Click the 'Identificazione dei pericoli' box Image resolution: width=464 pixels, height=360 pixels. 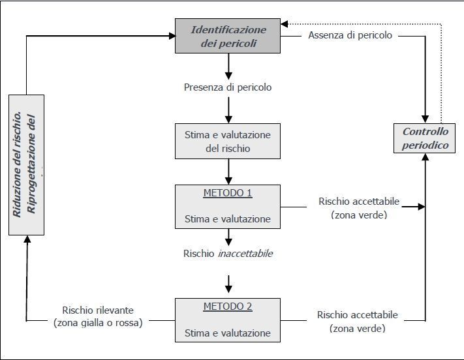point(228,36)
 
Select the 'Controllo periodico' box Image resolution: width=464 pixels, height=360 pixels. point(425,138)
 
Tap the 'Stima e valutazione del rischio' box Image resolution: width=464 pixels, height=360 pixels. point(228,141)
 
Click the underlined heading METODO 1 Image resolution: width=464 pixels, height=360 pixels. point(228,193)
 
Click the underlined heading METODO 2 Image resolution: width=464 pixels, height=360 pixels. point(228,307)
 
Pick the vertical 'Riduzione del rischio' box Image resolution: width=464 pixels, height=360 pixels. point(27,164)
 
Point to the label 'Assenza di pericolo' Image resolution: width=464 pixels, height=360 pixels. point(350,35)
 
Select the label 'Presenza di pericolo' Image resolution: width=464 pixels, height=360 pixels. point(228,86)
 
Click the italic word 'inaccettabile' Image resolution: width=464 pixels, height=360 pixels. point(245,253)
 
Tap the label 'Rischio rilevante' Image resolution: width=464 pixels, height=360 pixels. point(102,310)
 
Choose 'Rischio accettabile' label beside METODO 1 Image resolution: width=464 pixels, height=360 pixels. point(358,202)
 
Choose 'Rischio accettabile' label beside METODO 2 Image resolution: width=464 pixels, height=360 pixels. point(357,315)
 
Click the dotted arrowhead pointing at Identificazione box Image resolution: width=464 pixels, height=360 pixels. point(285,23)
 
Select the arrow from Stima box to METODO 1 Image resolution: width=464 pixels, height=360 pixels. point(228,172)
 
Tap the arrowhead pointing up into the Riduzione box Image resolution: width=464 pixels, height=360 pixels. point(27,239)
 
